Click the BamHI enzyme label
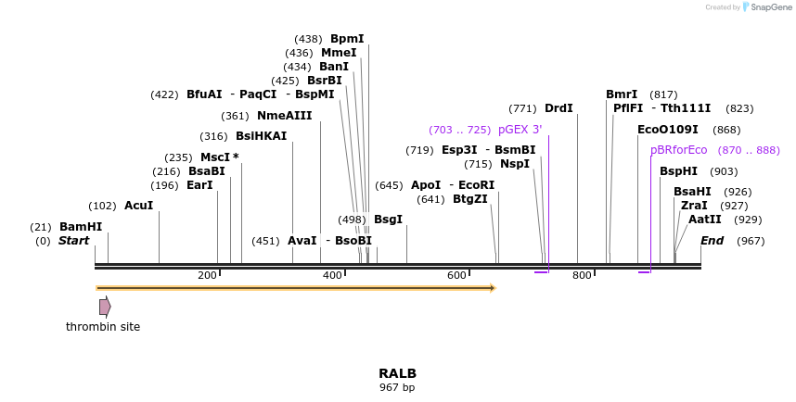pos(81,227)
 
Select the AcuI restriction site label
pos(138,206)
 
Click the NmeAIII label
pos(284,116)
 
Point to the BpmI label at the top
pos(347,39)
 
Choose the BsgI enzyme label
pos(388,220)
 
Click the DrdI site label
pos(558,108)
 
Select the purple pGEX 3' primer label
pos(520,130)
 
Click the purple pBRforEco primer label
pos(678,150)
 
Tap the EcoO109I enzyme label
pos(667,130)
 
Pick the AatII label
pos(704,220)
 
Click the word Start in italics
pos(74,241)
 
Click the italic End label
pos(712,241)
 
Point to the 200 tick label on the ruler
pos(207,275)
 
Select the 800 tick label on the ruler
pos(582,275)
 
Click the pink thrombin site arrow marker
pos(105,307)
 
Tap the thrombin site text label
pos(103,327)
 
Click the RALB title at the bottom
pos(397,374)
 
